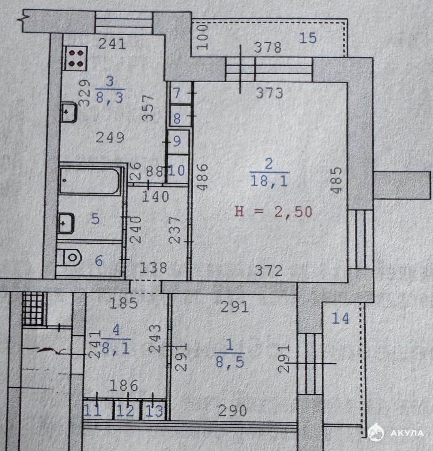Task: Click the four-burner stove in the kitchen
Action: [x=75, y=58]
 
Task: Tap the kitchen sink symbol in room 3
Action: [x=69, y=112]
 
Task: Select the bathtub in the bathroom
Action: [x=89, y=180]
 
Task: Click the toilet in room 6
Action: [x=70, y=257]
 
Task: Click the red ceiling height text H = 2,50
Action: [x=274, y=212]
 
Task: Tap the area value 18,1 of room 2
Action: [x=269, y=181]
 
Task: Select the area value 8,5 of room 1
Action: [x=230, y=362]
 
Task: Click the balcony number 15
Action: [x=308, y=38]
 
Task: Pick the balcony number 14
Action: [x=340, y=319]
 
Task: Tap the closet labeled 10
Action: [x=178, y=170]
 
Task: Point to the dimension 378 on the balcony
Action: [x=268, y=47]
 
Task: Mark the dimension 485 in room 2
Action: [x=336, y=180]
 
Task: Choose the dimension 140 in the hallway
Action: [x=156, y=197]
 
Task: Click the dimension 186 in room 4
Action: [x=124, y=385]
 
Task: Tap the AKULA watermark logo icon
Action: [x=376, y=433]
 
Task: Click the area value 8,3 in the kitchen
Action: [x=110, y=98]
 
